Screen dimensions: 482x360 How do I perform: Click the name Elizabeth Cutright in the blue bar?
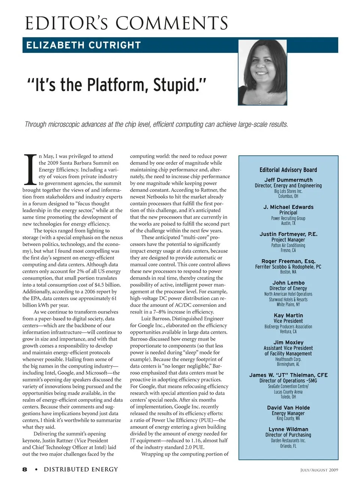83,45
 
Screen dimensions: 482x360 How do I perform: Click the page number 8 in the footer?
25,469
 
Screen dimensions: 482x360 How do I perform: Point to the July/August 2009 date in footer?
319,470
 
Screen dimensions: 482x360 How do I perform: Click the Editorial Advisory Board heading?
288,170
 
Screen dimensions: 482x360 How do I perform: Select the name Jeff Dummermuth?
288,180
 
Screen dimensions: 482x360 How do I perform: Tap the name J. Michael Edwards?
288,207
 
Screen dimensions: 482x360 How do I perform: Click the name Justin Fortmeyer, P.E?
288,234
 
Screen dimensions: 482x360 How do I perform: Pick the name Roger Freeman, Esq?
288,261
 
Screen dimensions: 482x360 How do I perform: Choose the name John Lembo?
288,283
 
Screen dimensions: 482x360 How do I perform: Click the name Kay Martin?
288,315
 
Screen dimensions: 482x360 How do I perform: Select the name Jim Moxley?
288,342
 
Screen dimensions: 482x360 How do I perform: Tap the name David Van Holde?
288,408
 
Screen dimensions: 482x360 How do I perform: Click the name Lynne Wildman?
288,429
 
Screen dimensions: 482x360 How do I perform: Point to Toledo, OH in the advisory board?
288,397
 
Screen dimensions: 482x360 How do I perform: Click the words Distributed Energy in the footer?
81,469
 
